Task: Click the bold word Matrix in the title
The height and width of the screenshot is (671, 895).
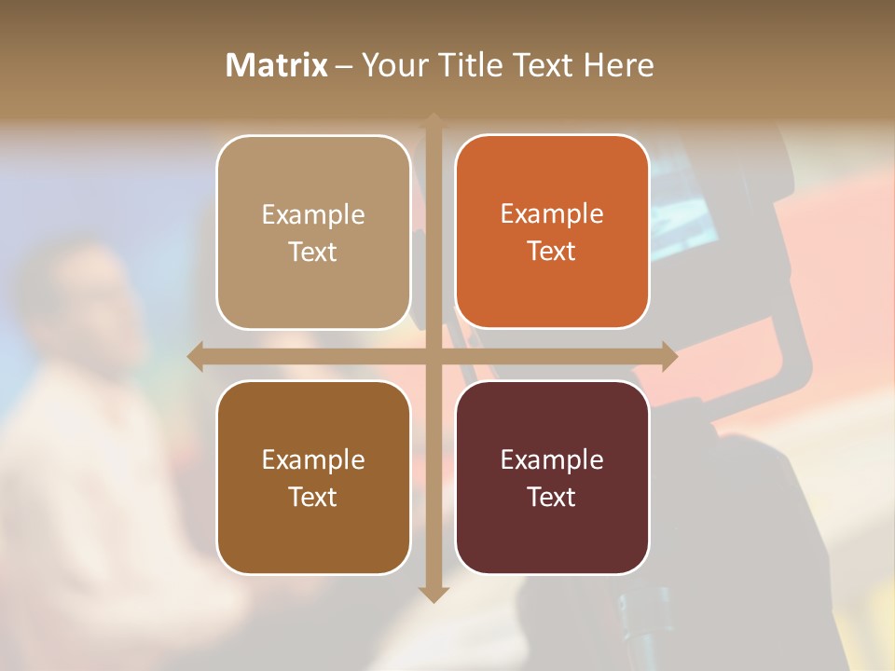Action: (x=277, y=65)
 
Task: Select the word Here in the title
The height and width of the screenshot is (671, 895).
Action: (x=619, y=65)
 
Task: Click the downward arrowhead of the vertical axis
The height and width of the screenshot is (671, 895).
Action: (x=434, y=595)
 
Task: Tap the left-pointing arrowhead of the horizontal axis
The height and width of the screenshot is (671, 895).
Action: (x=196, y=356)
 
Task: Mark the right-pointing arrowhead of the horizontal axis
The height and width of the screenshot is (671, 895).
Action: (x=669, y=356)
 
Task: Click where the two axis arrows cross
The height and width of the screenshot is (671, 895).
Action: (x=434, y=356)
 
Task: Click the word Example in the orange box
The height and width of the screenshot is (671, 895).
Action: (x=552, y=214)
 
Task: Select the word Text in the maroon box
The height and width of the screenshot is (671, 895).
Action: (x=552, y=497)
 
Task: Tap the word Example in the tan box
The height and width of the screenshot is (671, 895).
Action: (x=313, y=215)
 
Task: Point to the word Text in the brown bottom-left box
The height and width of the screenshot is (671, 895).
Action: (x=313, y=497)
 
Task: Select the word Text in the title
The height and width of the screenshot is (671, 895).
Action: (x=540, y=65)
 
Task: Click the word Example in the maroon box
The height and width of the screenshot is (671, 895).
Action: (x=552, y=459)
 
